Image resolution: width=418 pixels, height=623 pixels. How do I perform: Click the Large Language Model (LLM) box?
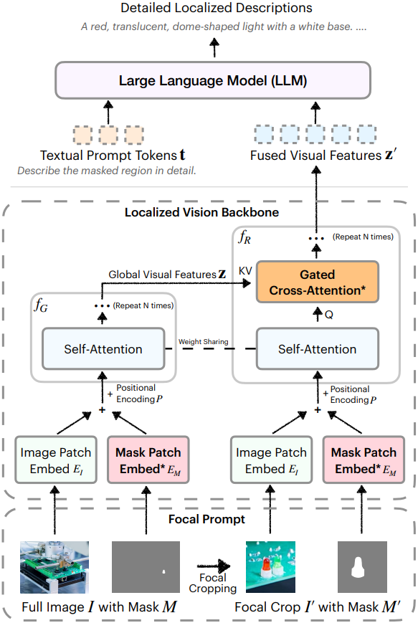point(213,80)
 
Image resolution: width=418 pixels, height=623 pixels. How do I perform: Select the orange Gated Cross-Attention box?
point(317,282)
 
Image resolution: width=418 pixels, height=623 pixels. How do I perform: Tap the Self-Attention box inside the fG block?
point(103,349)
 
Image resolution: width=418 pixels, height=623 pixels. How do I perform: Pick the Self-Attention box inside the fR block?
point(317,349)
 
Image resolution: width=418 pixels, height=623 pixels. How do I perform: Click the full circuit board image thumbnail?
point(54,567)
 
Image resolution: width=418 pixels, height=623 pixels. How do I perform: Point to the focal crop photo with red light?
point(270,567)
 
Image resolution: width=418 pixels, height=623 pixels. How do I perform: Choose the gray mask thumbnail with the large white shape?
point(362,567)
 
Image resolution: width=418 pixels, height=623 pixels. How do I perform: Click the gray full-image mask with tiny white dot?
point(146,567)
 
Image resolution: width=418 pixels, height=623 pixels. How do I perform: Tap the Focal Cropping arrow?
point(214,566)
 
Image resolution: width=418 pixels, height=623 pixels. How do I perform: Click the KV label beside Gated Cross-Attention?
point(245,270)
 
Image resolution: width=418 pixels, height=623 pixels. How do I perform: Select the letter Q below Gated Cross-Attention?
point(329,315)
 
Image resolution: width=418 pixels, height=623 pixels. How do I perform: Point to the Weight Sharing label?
point(204,342)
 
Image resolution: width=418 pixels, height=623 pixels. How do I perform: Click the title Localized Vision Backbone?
point(202,212)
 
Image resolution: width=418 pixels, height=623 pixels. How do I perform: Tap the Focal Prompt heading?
point(206,519)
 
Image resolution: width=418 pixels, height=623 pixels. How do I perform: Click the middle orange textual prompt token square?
point(108,135)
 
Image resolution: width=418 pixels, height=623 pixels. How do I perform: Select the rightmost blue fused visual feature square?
point(367,134)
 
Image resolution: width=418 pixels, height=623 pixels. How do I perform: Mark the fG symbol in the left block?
point(41,305)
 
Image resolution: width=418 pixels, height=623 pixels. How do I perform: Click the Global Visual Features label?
point(167,274)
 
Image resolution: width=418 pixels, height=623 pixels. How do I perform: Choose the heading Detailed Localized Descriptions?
point(217,8)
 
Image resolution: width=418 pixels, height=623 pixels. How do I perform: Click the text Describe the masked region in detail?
point(107,171)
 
